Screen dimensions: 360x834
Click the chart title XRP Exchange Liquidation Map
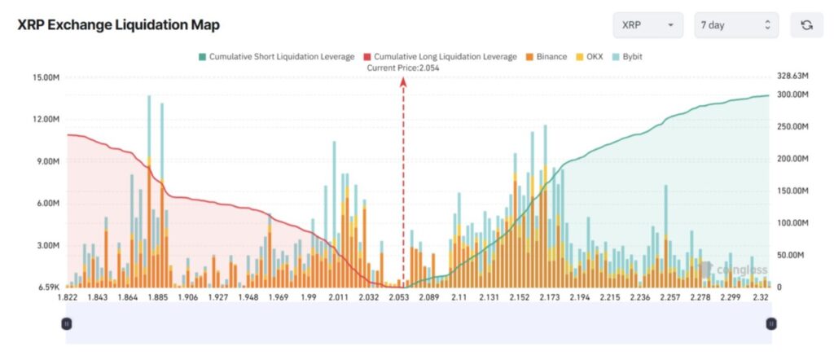(x=118, y=25)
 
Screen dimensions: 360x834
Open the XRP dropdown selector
(x=647, y=25)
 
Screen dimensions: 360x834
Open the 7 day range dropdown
(x=735, y=25)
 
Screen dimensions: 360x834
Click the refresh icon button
(x=806, y=25)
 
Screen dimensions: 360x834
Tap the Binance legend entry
(x=545, y=56)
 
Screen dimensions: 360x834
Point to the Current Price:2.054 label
(x=403, y=68)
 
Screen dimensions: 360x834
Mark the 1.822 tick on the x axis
(x=68, y=298)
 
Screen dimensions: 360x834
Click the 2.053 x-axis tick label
(x=398, y=298)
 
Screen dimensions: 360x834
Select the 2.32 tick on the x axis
(x=762, y=298)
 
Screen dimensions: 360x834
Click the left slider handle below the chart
(x=67, y=323)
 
